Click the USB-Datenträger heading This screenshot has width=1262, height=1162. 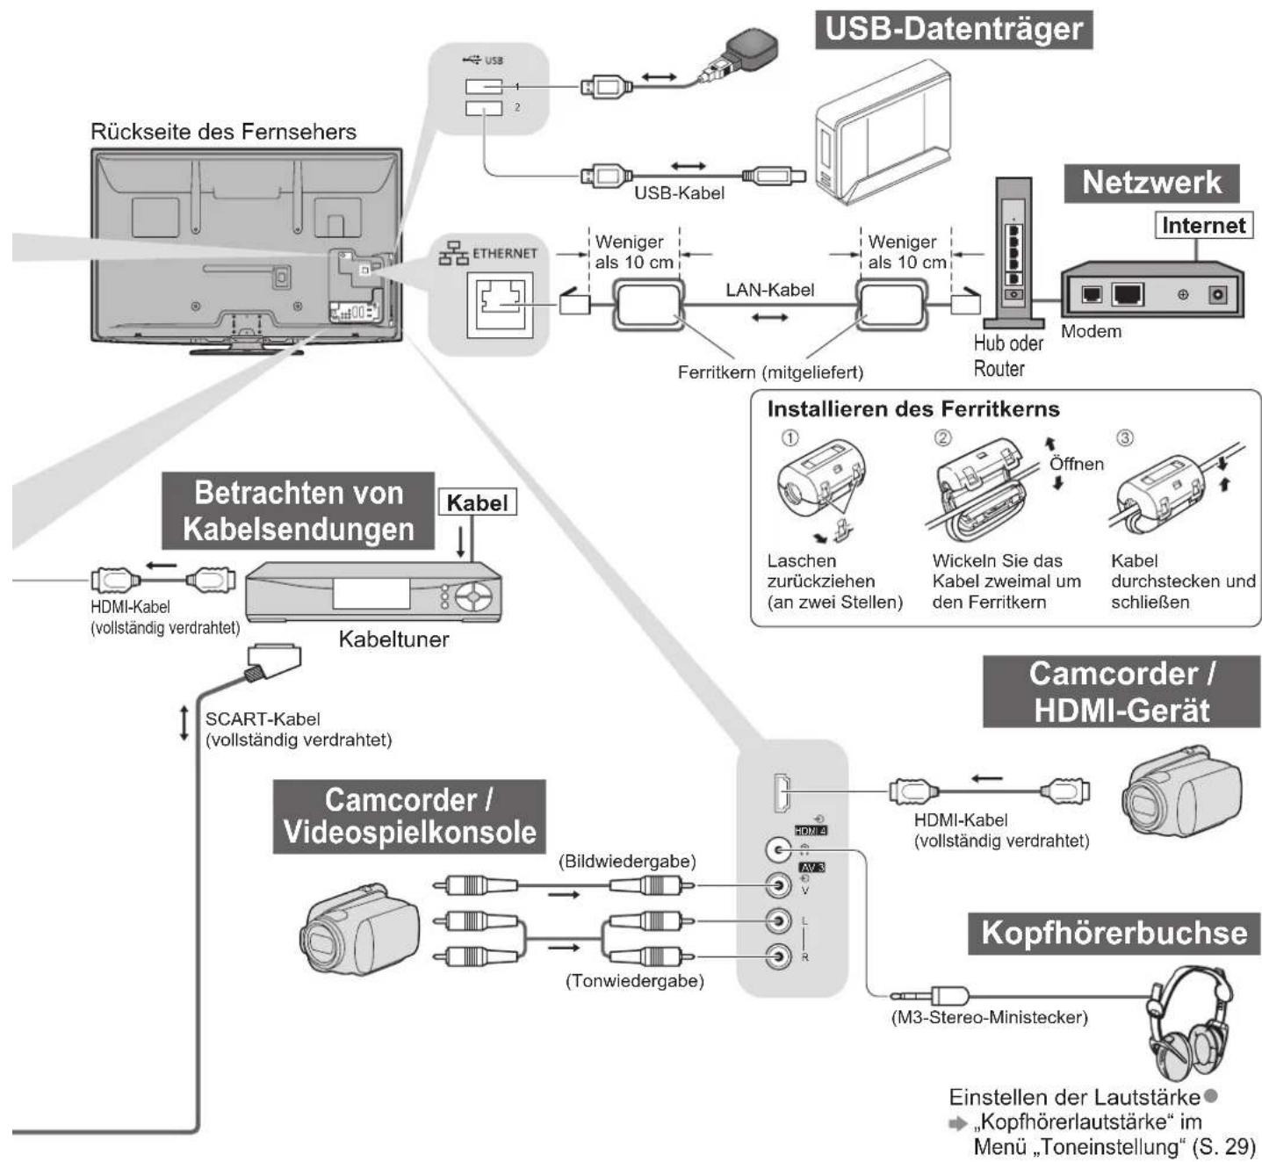[954, 29]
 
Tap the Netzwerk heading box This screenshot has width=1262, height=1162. [1151, 184]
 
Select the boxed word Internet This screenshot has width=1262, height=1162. [1203, 226]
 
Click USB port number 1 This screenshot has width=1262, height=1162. [484, 86]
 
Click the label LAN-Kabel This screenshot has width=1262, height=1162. [769, 290]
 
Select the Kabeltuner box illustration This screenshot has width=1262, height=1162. [373, 592]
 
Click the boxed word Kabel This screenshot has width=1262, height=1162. [478, 503]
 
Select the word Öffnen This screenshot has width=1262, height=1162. [1077, 464]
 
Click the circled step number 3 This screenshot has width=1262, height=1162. [1125, 437]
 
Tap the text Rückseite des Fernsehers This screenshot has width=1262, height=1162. [223, 132]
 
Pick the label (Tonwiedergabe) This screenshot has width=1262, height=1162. [635, 981]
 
